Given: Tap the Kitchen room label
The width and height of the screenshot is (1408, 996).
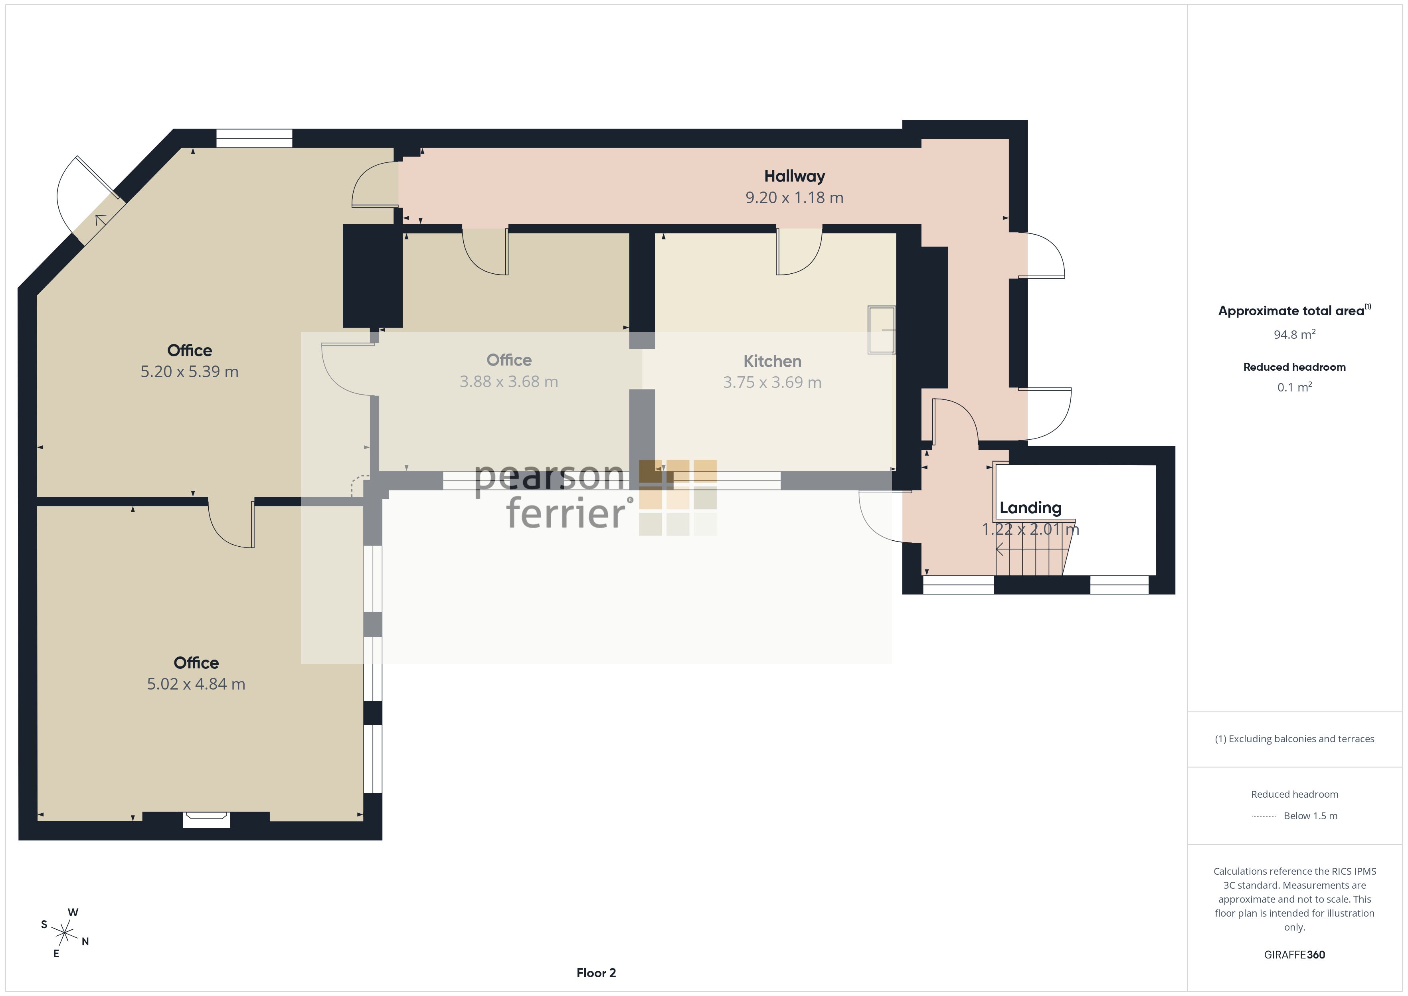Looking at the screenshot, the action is coord(772,361).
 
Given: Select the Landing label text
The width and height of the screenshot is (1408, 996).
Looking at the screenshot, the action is coord(1030,508).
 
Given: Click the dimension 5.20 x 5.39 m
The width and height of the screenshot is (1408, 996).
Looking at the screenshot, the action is coord(190,372).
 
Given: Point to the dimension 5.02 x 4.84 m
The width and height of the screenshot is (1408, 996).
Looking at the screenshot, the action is coord(196,684).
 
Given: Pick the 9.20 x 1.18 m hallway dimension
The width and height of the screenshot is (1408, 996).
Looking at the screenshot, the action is coord(794,198).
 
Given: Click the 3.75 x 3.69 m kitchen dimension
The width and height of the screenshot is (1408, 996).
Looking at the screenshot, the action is coord(772,382).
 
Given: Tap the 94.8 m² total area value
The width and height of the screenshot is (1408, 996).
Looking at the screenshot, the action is coord(1295,334).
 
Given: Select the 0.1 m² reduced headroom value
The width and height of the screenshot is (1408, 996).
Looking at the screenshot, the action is coord(1295,387).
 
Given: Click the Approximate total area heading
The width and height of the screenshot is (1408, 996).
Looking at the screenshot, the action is coord(1294,310).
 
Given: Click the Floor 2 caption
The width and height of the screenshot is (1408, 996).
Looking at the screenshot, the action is coord(596,973).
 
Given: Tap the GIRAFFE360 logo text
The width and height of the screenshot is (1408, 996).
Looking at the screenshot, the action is coord(1295,955).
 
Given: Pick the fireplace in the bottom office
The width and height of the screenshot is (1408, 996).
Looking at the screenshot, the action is coord(207,819).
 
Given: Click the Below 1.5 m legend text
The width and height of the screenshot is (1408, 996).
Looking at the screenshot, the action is coord(1311,816).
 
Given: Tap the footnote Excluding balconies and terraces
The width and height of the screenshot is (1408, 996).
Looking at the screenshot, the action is coord(1295,739).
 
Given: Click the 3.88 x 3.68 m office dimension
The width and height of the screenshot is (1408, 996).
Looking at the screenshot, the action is coord(509,381).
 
